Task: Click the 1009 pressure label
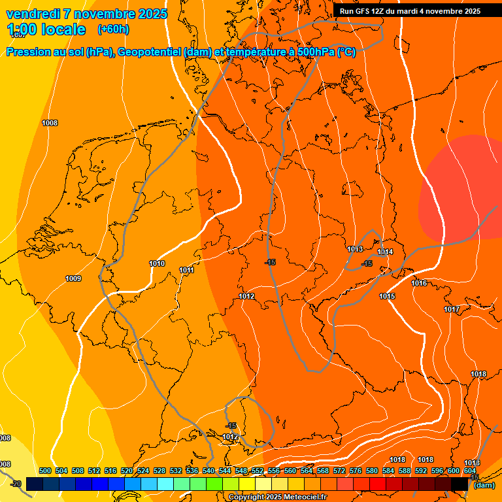click(x=73, y=279)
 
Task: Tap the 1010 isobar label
click(x=157, y=263)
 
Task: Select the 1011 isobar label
click(x=187, y=270)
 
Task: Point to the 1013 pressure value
click(x=355, y=250)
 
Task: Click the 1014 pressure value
click(x=385, y=252)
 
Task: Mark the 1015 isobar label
click(x=387, y=296)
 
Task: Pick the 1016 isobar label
click(x=419, y=283)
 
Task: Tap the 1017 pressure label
click(x=452, y=309)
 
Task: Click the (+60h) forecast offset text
click(x=113, y=29)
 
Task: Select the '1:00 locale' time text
click(x=46, y=29)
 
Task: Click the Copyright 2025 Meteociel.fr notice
click(x=278, y=497)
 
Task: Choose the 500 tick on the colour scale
click(x=45, y=471)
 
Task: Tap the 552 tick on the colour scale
click(x=258, y=471)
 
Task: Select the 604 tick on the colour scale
click(x=469, y=471)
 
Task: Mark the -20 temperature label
click(x=16, y=484)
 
